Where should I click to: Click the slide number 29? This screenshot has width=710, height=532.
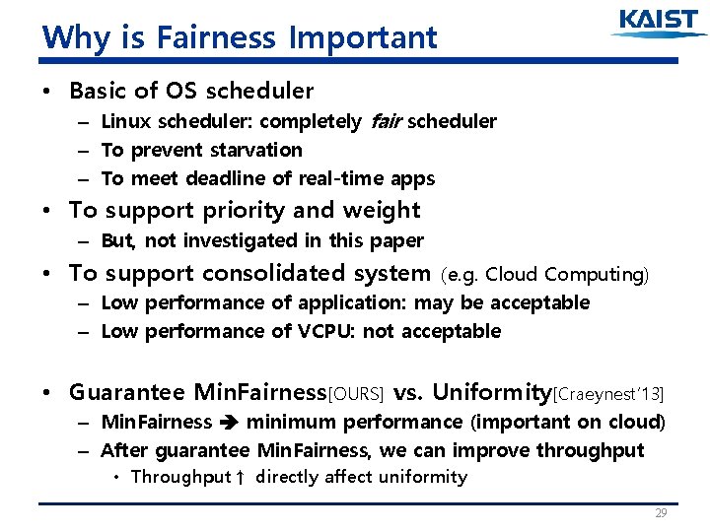660,514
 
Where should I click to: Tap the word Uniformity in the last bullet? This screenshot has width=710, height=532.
489,392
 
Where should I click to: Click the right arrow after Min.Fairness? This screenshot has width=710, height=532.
229,423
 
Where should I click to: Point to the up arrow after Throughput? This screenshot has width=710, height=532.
241,478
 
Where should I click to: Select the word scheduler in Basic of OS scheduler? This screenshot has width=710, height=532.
256,91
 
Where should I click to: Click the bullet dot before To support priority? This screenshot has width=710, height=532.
48,211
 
